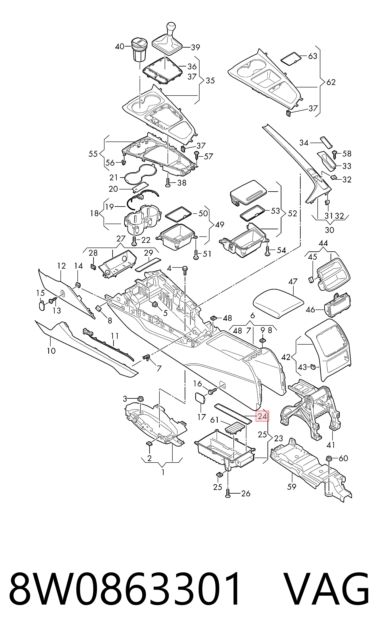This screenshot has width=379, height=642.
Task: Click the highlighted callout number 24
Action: (x=262, y=417)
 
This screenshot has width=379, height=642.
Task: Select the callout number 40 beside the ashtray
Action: (x=119, y=47)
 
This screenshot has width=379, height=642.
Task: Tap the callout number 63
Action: (x=313, y=56)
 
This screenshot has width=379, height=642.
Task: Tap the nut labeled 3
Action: (x=141, y=399)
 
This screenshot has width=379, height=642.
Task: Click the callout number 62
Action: (x=331, y=82)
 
